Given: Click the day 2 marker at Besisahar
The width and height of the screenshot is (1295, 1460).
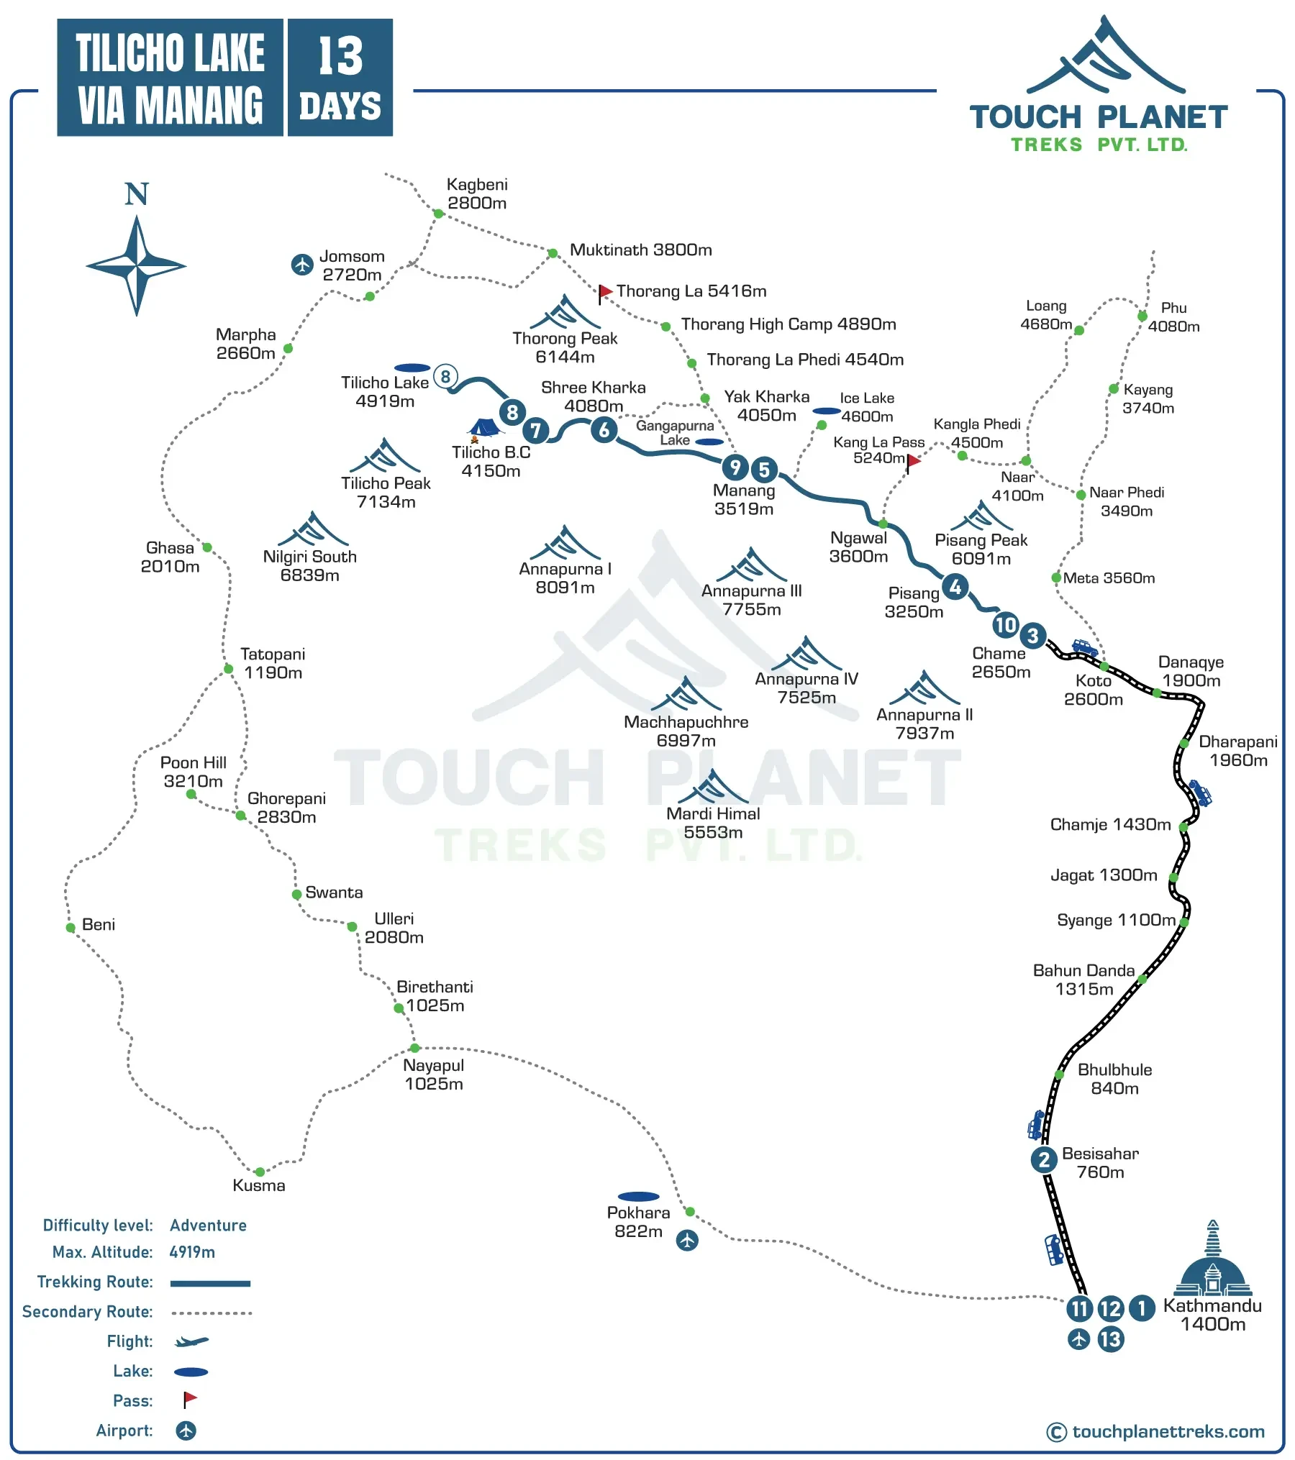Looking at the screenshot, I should pos(1043,1159).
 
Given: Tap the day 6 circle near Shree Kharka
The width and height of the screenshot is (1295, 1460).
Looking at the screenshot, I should pos(604,430).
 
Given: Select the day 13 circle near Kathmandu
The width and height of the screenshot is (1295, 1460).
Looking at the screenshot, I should pos(1110,1339).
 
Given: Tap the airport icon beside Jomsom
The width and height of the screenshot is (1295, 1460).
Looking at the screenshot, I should pos(302,264).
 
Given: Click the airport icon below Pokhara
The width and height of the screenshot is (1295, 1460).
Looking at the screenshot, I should pos(687,1240).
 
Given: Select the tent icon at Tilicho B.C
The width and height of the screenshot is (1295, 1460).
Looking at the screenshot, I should pos(483,429).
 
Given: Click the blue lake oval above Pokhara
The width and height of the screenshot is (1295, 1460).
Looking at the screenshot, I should pos(638,1197).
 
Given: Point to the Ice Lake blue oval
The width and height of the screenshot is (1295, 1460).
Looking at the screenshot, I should pos(827,411).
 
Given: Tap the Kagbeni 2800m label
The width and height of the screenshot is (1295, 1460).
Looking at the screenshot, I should pos(476,193).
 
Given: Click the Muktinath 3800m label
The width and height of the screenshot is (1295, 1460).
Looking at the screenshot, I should pos(640,250).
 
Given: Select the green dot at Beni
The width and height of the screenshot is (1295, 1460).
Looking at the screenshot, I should pos(71,928).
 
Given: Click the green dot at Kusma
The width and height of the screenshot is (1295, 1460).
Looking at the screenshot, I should pos(260,1172).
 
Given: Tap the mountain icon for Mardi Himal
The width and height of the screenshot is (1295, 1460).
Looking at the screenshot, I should pos(713,787).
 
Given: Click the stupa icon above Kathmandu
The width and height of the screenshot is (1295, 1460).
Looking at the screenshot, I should pos(1212,1259).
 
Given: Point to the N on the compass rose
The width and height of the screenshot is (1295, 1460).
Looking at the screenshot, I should pos(136,194).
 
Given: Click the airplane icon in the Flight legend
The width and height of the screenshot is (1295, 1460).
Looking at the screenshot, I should pos(191,1341).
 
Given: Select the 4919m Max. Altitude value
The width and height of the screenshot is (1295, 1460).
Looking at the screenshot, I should pos(192,1252).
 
